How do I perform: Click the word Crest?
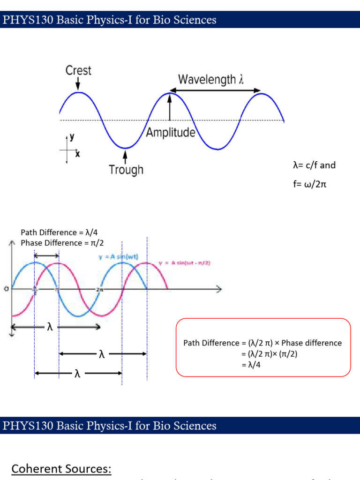click(78, 71)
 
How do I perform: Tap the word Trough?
click(126, 169)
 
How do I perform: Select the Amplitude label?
click(171, 133)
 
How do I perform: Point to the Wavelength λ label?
click(211, 79)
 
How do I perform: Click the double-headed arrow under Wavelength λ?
click(215, 90)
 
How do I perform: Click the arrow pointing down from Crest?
click(78, 84)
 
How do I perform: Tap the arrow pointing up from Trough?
click(125, 155)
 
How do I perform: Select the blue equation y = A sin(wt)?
click(118, 257)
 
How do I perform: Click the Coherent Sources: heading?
click(61, 469)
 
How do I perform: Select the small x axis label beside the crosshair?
click(77, 153)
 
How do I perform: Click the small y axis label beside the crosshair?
click(72, 138)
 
